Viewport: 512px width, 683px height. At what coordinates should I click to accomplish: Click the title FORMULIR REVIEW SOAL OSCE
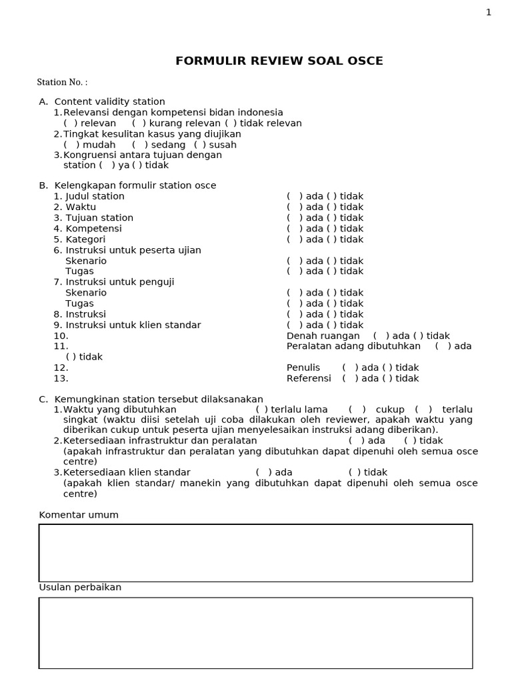[279, 61]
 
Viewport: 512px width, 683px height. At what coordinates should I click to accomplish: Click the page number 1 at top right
[489, 12]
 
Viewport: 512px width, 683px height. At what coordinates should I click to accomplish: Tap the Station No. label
[61, 82]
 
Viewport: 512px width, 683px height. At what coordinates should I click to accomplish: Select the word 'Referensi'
[309, 378]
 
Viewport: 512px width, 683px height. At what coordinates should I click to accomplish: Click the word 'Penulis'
[303, 368]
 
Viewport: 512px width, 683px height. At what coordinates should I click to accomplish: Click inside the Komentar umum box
[255, 552]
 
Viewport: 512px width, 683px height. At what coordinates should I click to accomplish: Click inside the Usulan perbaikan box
[255, 632]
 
